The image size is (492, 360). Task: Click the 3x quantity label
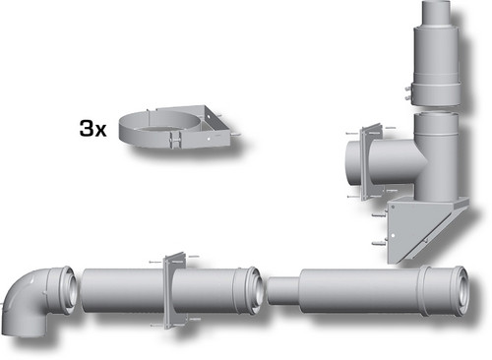coord(92,128)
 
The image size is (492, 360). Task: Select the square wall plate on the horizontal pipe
coord(175,290)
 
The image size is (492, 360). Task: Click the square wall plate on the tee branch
coord(371,161)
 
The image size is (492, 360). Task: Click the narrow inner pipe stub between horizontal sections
coord(283,290)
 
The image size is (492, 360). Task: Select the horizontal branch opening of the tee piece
coord(353,163)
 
